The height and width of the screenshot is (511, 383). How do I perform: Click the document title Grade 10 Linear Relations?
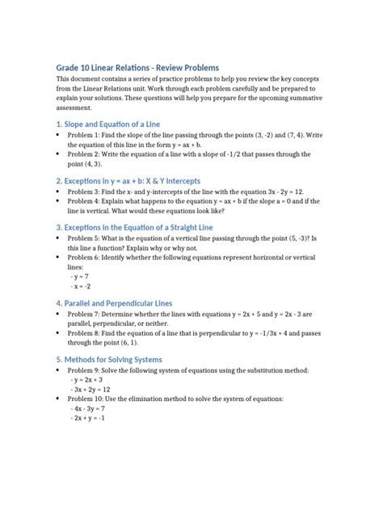click(137, 67)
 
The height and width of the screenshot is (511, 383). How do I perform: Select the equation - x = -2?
click(81, 286)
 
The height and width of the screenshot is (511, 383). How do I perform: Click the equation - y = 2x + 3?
click(88, 379)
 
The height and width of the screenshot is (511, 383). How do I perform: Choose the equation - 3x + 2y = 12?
click(91, 389)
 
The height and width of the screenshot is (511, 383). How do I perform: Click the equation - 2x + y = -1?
click(89, 418)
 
